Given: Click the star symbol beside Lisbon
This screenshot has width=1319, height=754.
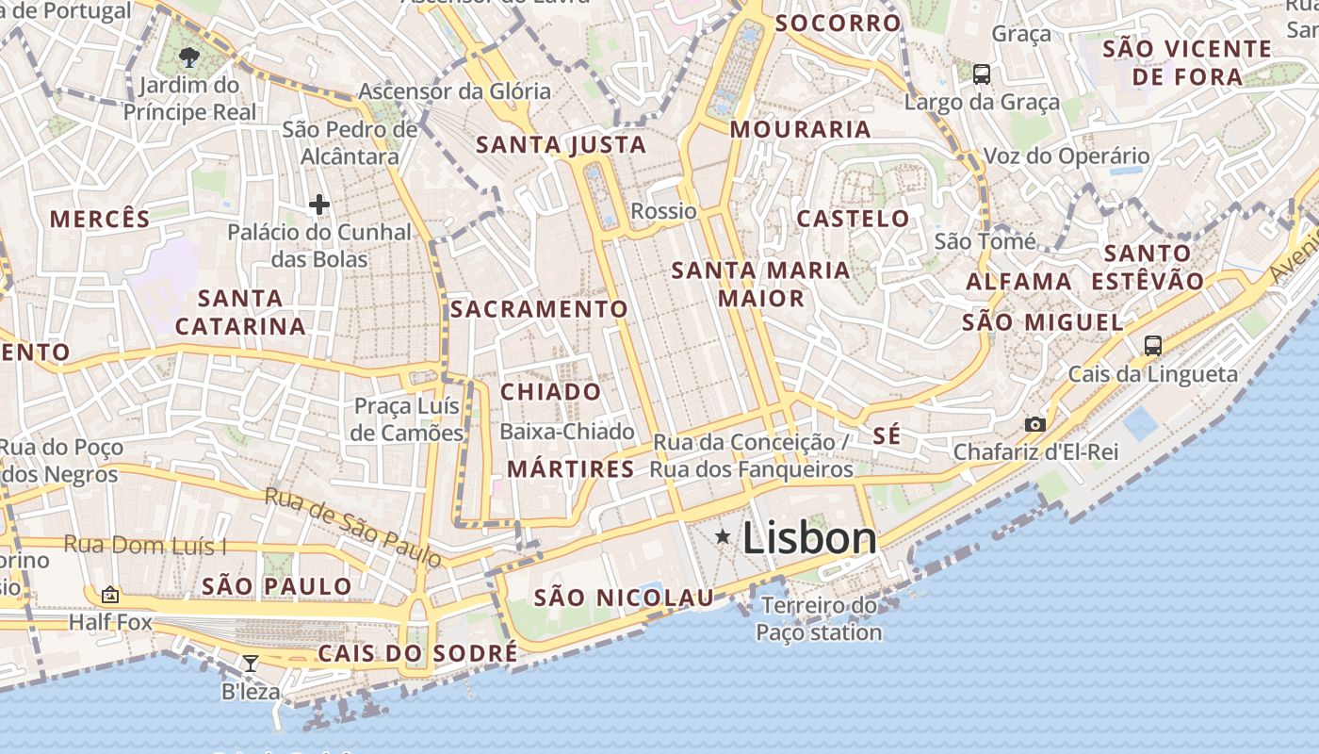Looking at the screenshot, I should pos(723,537).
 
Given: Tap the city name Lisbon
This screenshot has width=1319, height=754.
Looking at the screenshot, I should pos(809,538).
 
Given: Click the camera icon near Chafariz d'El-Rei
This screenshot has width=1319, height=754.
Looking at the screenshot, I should pos(1035,425).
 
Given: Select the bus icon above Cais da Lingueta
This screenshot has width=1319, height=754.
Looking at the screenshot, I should pos(1152,345).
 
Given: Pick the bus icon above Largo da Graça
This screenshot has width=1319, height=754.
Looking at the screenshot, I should pos(982,74).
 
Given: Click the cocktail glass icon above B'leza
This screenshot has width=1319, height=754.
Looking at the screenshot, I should pos(250,664).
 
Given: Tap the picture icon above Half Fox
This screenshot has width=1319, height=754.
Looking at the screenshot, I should pos(110,595).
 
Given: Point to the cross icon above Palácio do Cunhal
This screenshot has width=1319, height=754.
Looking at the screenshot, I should pos(319,204).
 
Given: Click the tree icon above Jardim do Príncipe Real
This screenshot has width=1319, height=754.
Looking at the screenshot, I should pos(189,57).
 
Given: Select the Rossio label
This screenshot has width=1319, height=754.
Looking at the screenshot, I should pos(663,211).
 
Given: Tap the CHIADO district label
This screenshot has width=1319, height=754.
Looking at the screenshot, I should pos(550,392).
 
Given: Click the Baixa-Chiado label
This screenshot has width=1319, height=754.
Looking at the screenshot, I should pos(567,432).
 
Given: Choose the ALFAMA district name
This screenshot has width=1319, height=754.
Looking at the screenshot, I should pos(1018,282).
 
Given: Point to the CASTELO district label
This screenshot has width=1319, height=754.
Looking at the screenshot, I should pos(854,220).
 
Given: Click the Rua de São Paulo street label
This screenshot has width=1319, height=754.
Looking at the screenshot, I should pos(352,527).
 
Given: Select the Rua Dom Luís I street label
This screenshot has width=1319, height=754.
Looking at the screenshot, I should pos(146,545).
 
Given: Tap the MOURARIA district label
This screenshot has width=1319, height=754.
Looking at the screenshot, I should pos(800,130).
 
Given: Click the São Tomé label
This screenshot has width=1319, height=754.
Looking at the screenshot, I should pos(985,242).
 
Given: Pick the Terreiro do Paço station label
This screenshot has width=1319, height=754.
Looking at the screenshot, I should pos(819,618).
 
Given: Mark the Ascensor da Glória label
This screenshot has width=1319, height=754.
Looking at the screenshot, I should pos(454,91).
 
